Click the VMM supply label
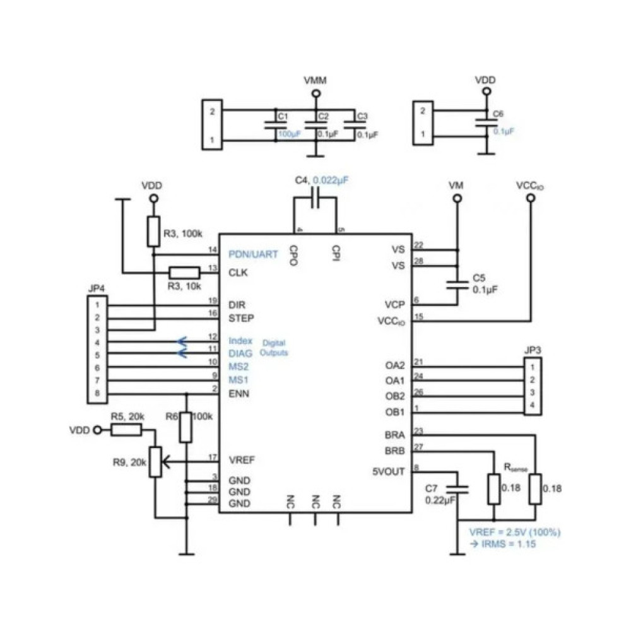(314, 81)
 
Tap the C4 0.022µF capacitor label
(321, 180)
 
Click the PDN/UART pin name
(252, 254)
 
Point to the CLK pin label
(238, 273)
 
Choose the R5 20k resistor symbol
(127, 430)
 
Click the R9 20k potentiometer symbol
(155, 463)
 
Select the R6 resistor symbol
(186, 427)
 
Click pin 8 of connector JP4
(98, 392)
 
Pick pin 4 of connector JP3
(533, 404)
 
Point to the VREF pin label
(242, 459)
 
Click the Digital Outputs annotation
(274, 348)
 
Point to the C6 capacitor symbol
(485, 123)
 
